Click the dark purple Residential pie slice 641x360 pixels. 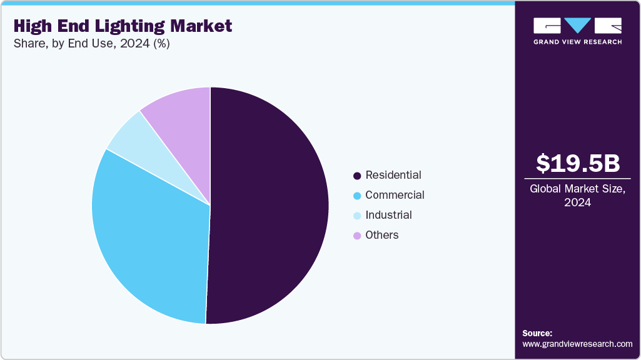tap(269, 206)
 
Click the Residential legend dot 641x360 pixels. tap(357, 176)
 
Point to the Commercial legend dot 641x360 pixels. tap(357, 196)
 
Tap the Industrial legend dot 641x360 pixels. tap(357, 216)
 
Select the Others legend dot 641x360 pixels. tap(357, 236)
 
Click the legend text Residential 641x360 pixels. tap(393, 175)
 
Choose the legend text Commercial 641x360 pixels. tap(395, 195)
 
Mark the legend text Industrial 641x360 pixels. tap(388, 215)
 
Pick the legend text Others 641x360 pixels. tap(382, 235)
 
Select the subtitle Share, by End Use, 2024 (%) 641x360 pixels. tap(91, 44)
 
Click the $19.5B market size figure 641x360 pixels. tap(578, 163)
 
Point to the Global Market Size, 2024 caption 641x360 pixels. tap(578, 195)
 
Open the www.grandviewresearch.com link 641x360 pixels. tap(577, 344)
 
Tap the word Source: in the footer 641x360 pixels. tap(537, 333)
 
